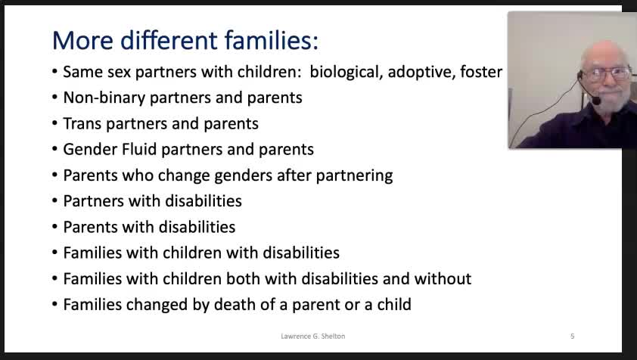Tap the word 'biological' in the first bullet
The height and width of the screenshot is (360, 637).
point(344,73)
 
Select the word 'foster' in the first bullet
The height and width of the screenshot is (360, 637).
point(481,72)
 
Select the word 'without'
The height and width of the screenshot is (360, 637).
point(443,279)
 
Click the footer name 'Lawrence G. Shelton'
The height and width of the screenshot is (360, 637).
point(312,336)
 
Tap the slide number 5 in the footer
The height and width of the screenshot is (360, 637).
point(573,336)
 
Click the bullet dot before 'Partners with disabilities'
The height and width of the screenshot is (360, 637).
point(54,201)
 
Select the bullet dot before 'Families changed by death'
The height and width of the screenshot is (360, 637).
point(54,304)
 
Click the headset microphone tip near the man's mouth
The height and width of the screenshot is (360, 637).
point(596,101)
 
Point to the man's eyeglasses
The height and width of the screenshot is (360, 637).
point(608,73)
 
